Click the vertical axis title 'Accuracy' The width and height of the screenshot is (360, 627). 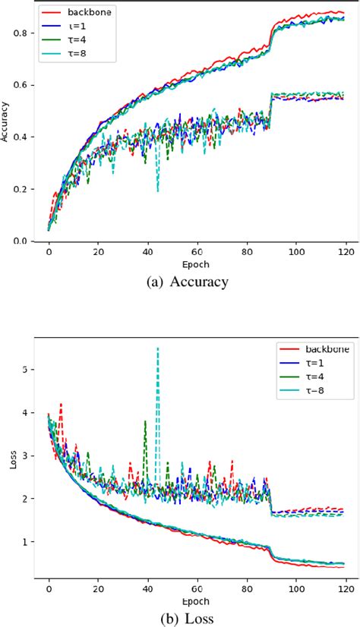pyautogui.click(x=7, y=127)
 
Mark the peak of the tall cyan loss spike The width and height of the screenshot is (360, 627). pyautogui.click(x=157, y=348)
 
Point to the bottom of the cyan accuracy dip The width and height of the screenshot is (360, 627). pyautogui.click(x=158, y=191)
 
